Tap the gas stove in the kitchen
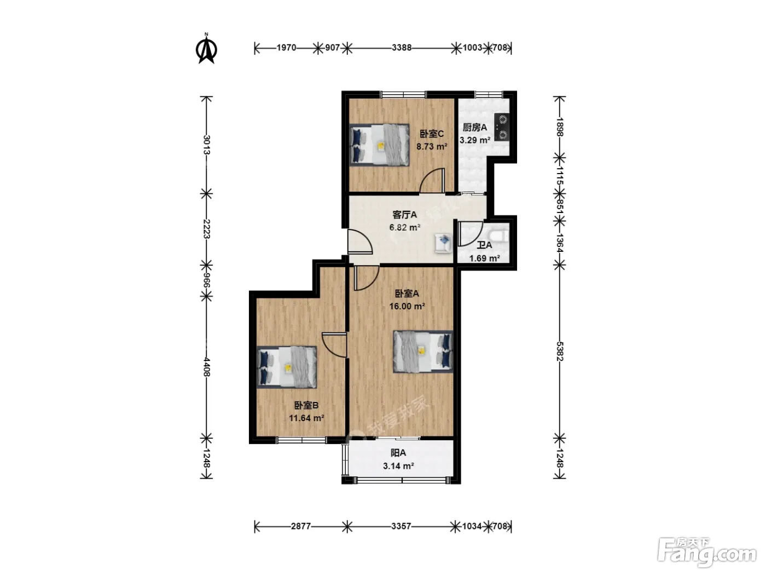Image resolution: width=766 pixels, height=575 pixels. (502, 127)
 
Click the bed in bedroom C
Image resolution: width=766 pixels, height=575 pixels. (379, 145)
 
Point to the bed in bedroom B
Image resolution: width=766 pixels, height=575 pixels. (287, 367)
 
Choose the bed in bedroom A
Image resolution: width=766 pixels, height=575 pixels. (423, 352)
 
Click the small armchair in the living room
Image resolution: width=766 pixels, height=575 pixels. (443, 243)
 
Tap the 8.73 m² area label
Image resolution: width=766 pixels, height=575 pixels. (432, 147)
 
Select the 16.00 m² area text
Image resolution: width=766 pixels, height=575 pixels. (407, 307)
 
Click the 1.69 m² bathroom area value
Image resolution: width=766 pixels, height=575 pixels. (484, 258)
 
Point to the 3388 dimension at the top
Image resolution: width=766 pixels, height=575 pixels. (401, 48)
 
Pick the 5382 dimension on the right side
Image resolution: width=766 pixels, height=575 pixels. (559, 351)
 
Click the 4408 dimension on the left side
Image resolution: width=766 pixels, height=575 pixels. (206, 367)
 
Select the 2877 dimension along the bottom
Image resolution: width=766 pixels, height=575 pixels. (300, 526)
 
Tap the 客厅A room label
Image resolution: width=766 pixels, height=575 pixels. (404, 215)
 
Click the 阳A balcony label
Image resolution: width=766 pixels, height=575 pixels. (398, 453)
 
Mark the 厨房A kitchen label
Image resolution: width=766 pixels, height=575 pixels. (474, 128)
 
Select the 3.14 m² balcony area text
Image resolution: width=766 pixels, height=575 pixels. (398, 466)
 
